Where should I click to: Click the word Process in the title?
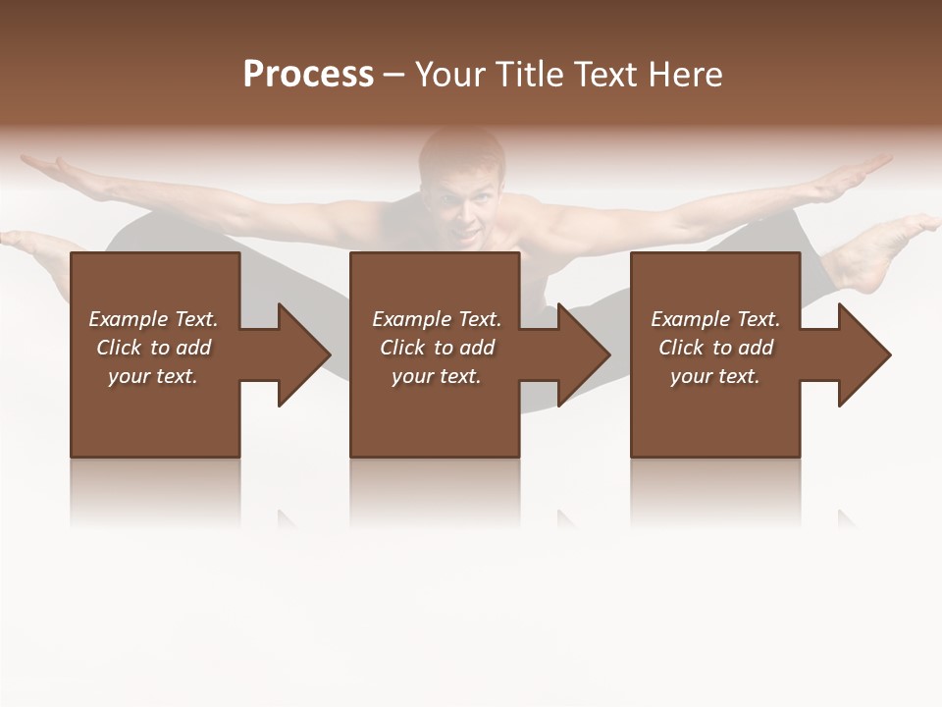308,75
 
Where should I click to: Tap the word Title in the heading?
531,75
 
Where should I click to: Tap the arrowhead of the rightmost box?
863,354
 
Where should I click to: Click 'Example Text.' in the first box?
153,319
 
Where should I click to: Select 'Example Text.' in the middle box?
437,319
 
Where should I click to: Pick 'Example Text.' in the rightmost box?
715,319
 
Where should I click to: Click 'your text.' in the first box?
153,376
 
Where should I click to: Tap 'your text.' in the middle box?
437,376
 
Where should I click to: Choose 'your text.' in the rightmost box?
715,376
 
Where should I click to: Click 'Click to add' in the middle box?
437,348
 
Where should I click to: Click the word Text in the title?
607,75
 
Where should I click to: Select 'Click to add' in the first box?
153,348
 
